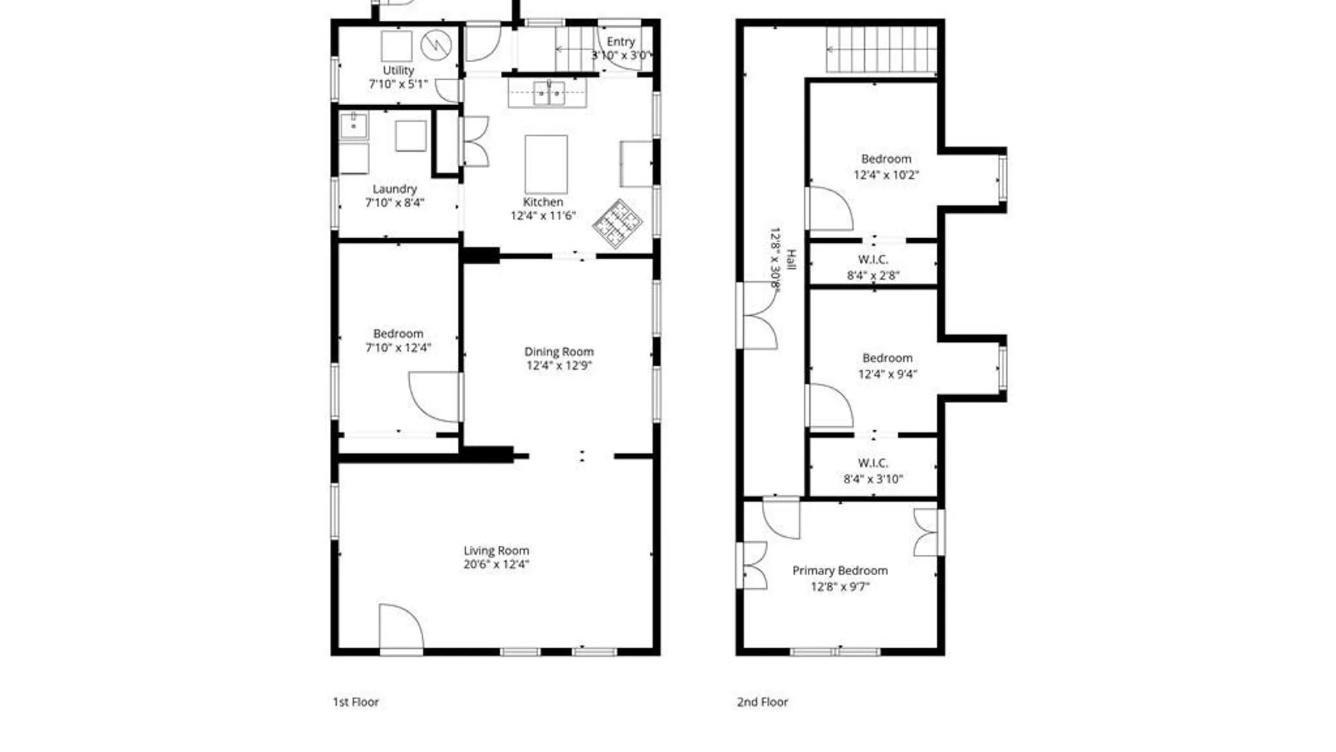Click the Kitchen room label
click(543, 202)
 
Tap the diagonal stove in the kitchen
click(617, 224)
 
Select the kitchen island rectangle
click(546, 164)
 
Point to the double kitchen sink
click(548, 93)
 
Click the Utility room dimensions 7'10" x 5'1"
click(398, 84)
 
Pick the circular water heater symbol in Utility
click(436, 45)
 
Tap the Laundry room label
click(395, 189)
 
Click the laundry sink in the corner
click(353, 126)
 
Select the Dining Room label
click(559, 352)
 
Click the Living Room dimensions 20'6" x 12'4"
click(496, 565)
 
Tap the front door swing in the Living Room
click(401, 627)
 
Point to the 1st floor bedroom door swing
click(434, 397)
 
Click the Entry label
click(621, 42)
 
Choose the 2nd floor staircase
click(882, 49)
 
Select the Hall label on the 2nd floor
click(790, 260)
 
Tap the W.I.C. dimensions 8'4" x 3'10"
click(873, 479)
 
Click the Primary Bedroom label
click(840, 571)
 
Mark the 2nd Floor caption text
click(763, 702)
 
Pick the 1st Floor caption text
click(356, 702)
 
